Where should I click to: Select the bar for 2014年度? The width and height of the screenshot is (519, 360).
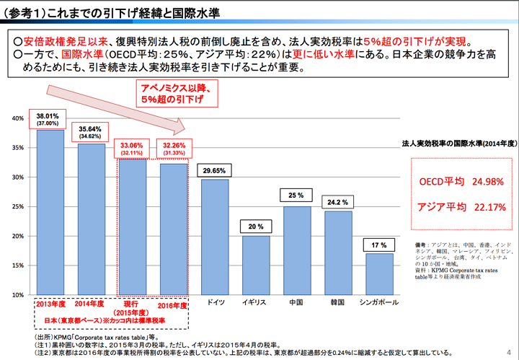click(91, 219)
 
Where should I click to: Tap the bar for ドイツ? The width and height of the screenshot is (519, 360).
click(214, 237)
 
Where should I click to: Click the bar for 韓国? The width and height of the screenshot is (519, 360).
click(338, 253)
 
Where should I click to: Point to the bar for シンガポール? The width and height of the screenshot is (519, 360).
click(379, 274)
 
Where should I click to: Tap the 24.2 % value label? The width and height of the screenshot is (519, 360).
click(339, 203)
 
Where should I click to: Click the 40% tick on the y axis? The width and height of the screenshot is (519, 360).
click(17, 118)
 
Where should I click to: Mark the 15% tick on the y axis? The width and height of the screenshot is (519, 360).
click(17, 266)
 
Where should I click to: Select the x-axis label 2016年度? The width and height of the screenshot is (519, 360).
click(173, 306)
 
